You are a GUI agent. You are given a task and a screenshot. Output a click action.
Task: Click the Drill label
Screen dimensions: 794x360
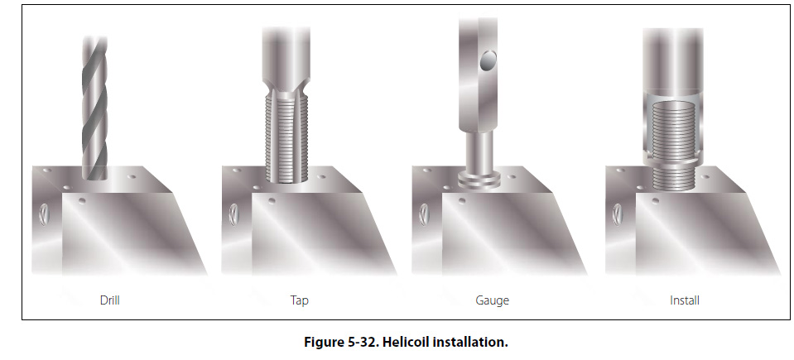pos(110,300)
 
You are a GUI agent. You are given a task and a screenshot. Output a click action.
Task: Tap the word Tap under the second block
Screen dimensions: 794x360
pos(299,300)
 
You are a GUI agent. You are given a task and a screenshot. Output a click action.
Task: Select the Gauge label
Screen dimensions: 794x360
pos(492,300)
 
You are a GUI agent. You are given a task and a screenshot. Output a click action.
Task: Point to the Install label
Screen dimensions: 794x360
pos(685,300)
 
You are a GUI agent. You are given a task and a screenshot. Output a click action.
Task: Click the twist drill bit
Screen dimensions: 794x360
pos(94,108)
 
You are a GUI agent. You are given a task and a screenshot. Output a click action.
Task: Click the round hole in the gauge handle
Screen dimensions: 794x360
pos(488,60)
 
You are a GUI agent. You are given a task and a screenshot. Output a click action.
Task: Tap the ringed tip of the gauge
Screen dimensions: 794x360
pos(479,179)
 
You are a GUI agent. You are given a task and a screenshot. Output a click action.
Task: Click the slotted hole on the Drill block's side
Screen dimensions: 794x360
pos(44,214)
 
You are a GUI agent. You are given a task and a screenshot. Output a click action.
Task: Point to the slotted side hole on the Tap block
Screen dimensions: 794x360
pos(233,214)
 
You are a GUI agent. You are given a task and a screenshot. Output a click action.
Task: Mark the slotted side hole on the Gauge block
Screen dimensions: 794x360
pos(424,214)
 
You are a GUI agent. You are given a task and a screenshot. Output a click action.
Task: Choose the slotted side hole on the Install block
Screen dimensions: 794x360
pos(618,214)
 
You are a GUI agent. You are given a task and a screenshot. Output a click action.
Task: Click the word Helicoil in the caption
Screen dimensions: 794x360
pos(403,343)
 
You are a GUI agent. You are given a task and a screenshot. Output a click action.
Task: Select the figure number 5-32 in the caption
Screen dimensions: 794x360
pos(362,343)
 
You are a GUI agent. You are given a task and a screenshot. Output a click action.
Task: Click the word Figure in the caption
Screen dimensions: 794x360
pos(324,343)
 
